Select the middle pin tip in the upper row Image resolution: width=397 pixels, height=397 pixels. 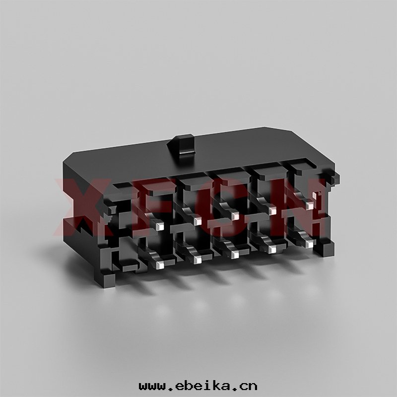235,215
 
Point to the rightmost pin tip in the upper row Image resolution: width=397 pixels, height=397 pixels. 309,205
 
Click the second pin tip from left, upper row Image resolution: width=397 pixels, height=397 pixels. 197,221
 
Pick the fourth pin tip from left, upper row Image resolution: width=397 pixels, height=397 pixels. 272,210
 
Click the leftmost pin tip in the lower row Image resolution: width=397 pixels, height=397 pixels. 160,265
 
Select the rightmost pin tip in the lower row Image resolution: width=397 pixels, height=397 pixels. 309,244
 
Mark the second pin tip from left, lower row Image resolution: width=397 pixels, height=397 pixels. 197,260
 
